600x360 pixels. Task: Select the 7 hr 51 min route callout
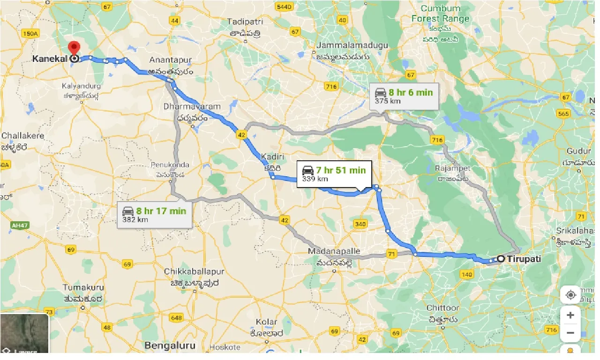click(334, 174)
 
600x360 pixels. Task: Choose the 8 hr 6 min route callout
click(404, 96)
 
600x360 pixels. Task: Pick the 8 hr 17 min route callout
click(154, 214)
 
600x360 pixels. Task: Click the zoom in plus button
click(570, 315)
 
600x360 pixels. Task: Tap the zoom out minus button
click(570, 333)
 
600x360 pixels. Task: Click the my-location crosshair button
click(570, 295)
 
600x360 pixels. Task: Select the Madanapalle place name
click(334, 251)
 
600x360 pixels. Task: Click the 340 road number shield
click(360, 224)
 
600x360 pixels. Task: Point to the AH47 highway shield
click(17, 225)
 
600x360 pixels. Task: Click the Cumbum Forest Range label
click(440, 14)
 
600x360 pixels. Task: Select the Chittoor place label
click(442, 308)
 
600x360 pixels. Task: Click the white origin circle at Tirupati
click(501, 258)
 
